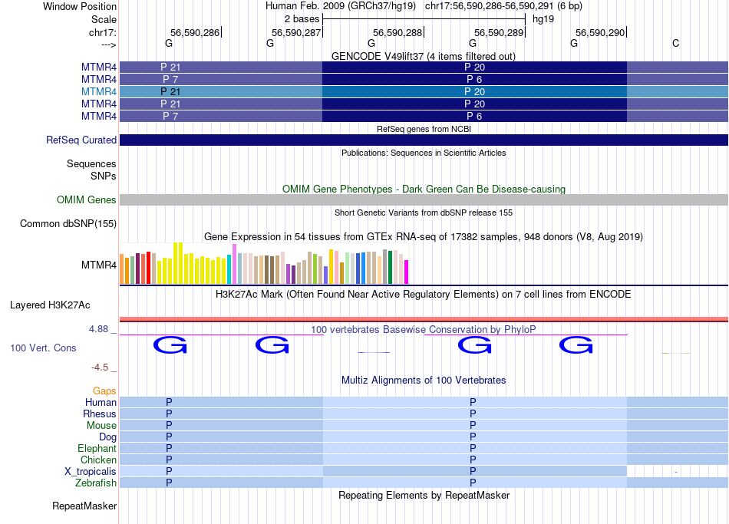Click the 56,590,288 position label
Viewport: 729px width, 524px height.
pyautogui.click(x=397, y=32)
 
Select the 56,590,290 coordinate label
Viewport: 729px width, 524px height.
pyautogui.click(x=600, y=32)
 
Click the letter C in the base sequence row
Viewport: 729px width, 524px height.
pyautogui.click(x=675, y=44)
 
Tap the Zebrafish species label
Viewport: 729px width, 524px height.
pyautogui.click(x=96, y=483)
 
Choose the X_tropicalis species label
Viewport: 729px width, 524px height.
pyautogui.click(x=91, y=471)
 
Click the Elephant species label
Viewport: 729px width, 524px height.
pyautogui.click(x=97, y=448)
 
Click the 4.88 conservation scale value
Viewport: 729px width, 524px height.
pyautogui.click(x=99, y=329)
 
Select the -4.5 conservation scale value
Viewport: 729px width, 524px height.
pyautogui.click(x=101, y=367)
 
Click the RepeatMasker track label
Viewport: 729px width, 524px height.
pyautogui.click(x=84, y=506)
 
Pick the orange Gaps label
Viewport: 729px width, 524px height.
pyautogui.click(x=104, y=391)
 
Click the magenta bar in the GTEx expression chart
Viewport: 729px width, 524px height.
pyautogui.click(x=406, y=272)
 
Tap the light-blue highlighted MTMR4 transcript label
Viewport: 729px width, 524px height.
pyautogui.click(x=99, y=91)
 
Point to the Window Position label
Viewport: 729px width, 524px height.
pyautogui.click(x=80, y=6)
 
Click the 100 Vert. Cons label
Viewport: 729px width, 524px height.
pyautogui.click(x=43, y=348)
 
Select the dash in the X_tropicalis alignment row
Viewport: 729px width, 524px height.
pyautogui.click(x=675, y=472)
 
